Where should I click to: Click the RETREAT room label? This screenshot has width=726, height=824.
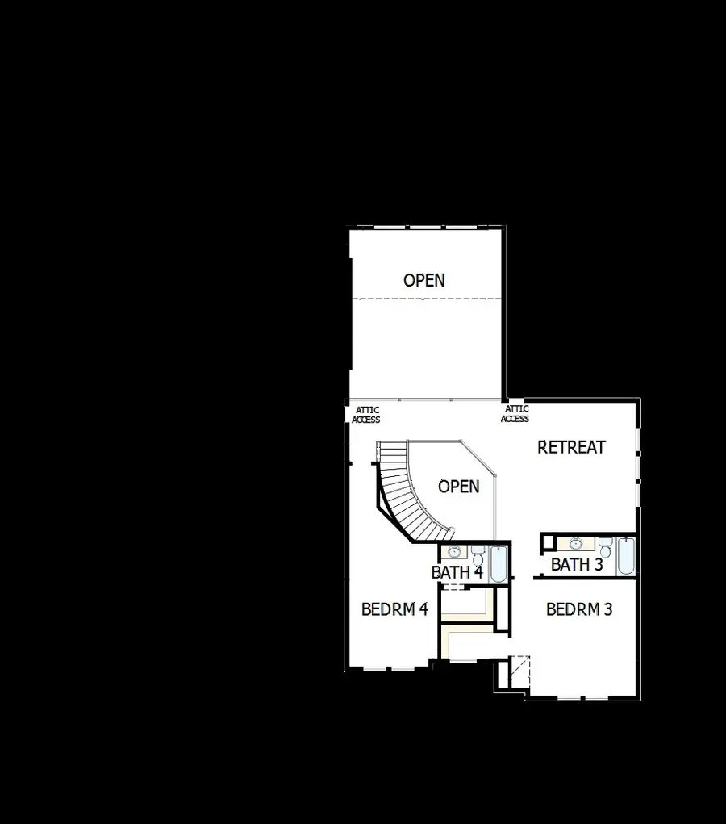(x=571, y=447)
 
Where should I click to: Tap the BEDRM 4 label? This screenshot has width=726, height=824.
(x=394, y=609)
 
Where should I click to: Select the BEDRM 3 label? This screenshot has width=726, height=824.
(x=579, y=609)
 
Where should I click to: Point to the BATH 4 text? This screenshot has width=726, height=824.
(x=457, y=572)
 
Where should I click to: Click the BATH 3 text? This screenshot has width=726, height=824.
(x=577, y=565)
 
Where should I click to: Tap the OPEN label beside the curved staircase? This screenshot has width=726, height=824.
(x=458, y=487)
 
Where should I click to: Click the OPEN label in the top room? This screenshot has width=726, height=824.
(x=423, y=280)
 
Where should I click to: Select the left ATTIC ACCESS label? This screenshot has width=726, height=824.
(x=366, y=415)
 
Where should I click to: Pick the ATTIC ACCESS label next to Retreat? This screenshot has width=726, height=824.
(x=515, y=414)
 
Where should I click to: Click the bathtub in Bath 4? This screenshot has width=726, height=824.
(x=499, y=564)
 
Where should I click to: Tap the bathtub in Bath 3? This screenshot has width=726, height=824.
(x=626, y=557)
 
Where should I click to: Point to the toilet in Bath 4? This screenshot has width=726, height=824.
(x=478, y=554)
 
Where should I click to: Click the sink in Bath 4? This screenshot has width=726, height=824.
(x=454, y=552)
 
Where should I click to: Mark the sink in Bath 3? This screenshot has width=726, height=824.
(x=574, y=543)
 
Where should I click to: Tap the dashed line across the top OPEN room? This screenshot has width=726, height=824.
(x=426, y=299)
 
